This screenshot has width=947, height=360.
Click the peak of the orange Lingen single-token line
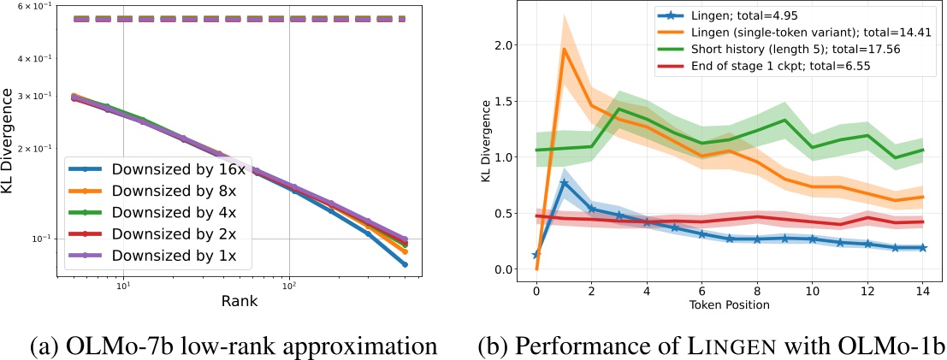click(x=564, y=49)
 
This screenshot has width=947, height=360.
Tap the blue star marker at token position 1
click(x=564, y=183)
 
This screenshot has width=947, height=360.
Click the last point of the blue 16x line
click(x=429, y=265)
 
